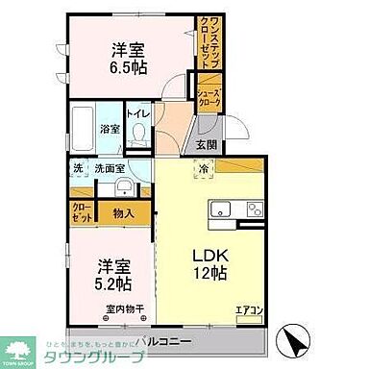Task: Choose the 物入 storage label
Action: [x=123, y=213]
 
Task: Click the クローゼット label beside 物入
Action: [x=80, y=212]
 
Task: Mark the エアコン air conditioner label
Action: [x=248, y=310]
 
